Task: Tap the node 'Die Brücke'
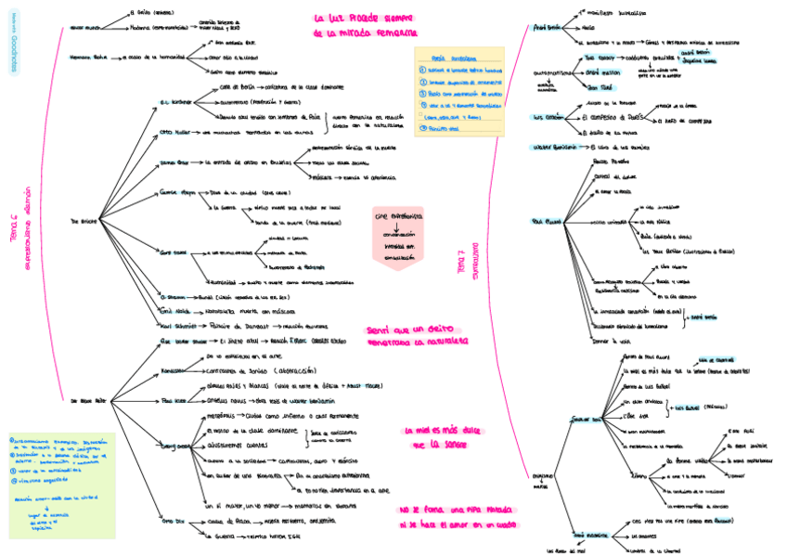coord(83,222)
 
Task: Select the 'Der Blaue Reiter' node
coord(86,400)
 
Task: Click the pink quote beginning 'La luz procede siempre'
coord(364,25)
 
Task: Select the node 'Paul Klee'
coord(174,400)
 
